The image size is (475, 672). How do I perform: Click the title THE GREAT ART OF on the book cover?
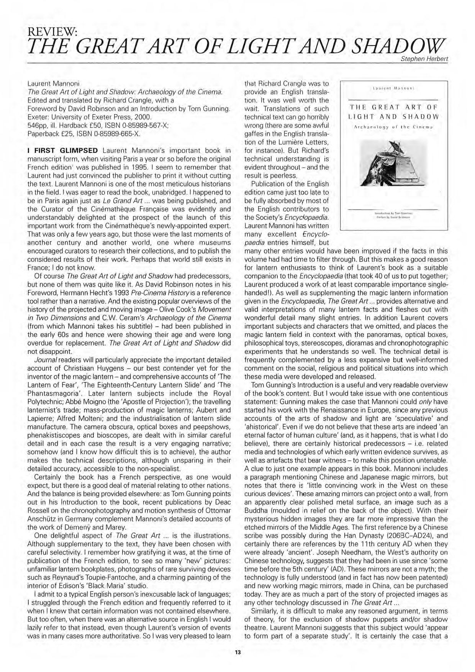[394, 107]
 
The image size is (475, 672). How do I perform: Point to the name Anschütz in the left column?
[44, 519]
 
